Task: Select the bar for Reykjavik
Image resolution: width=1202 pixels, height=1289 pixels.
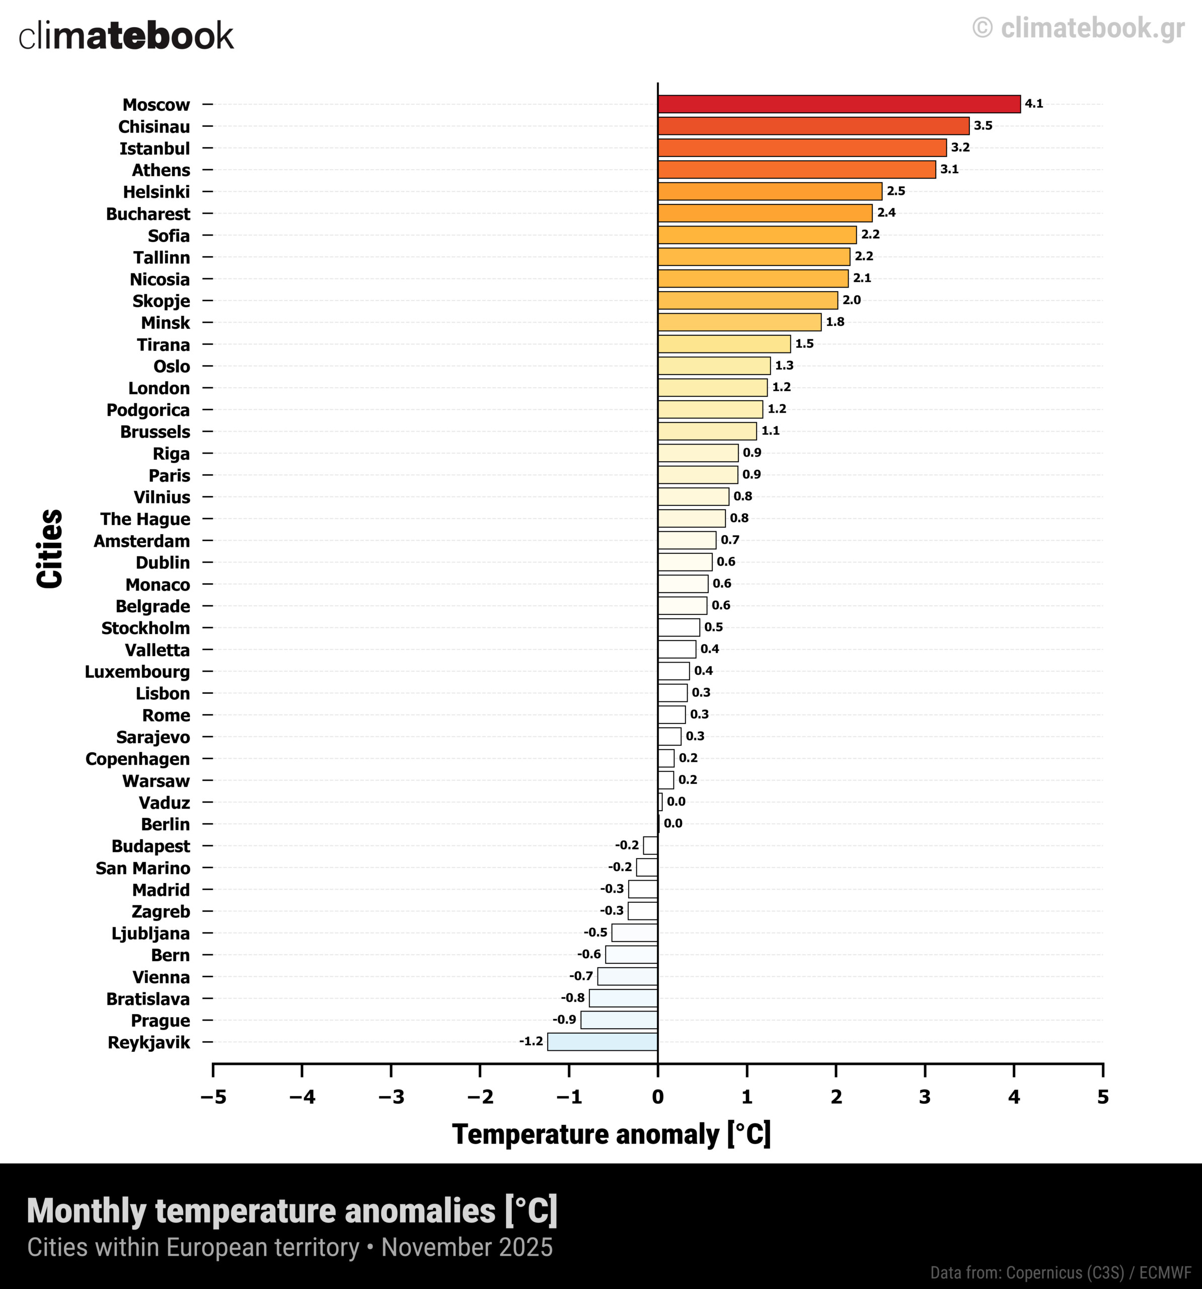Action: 603,1042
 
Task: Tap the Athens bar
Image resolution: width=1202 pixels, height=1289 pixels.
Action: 796,169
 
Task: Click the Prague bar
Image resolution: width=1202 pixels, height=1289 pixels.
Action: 619,1020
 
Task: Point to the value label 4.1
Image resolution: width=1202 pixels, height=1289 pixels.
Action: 1033,104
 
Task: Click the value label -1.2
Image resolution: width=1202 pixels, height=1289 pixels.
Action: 531,1041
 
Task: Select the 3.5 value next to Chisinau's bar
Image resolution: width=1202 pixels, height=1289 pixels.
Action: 983,126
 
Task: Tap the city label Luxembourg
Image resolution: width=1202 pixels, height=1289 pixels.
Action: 137,672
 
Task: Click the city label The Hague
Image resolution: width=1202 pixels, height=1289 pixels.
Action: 145,519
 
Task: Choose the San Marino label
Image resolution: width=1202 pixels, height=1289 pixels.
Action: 143,868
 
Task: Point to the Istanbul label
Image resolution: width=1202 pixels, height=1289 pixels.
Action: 155,149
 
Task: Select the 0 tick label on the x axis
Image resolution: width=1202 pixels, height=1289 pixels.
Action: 657,1097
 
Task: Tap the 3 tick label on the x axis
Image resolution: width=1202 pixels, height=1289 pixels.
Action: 925,1097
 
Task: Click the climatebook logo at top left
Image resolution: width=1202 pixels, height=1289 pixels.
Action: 126,36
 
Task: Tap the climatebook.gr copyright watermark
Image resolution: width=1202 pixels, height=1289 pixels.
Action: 1078,28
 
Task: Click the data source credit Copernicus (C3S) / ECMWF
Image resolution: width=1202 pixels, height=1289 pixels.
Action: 1061,1273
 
